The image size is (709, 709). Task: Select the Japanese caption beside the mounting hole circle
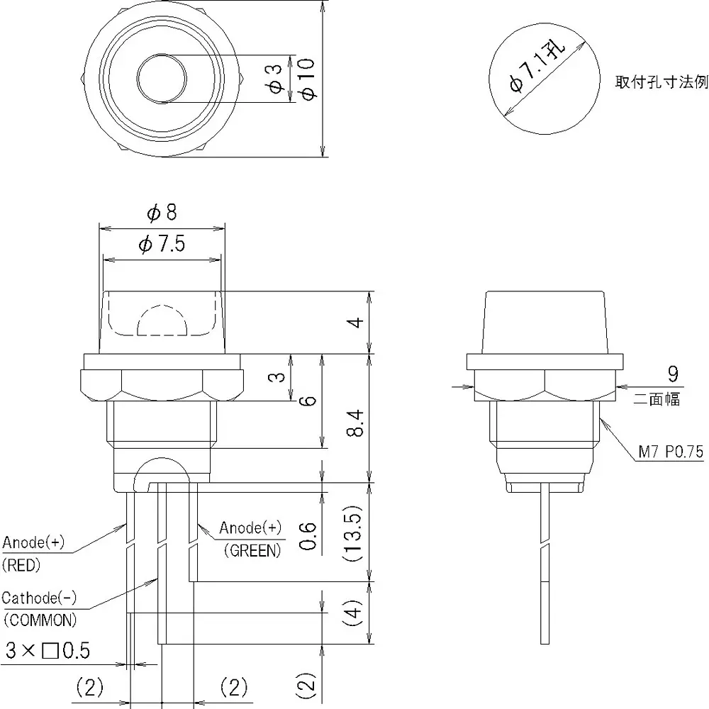click(661, 82)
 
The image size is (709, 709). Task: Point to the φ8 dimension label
click(162, 212)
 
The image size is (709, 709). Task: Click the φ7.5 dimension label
click(162, 245)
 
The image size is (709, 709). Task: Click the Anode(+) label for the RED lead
click(34, 543)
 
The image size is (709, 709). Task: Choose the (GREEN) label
click(252, 550)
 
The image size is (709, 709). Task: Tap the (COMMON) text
click(40, 620)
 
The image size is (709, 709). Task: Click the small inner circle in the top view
click(162, 79)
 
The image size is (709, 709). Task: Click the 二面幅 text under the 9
click(657, 400)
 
